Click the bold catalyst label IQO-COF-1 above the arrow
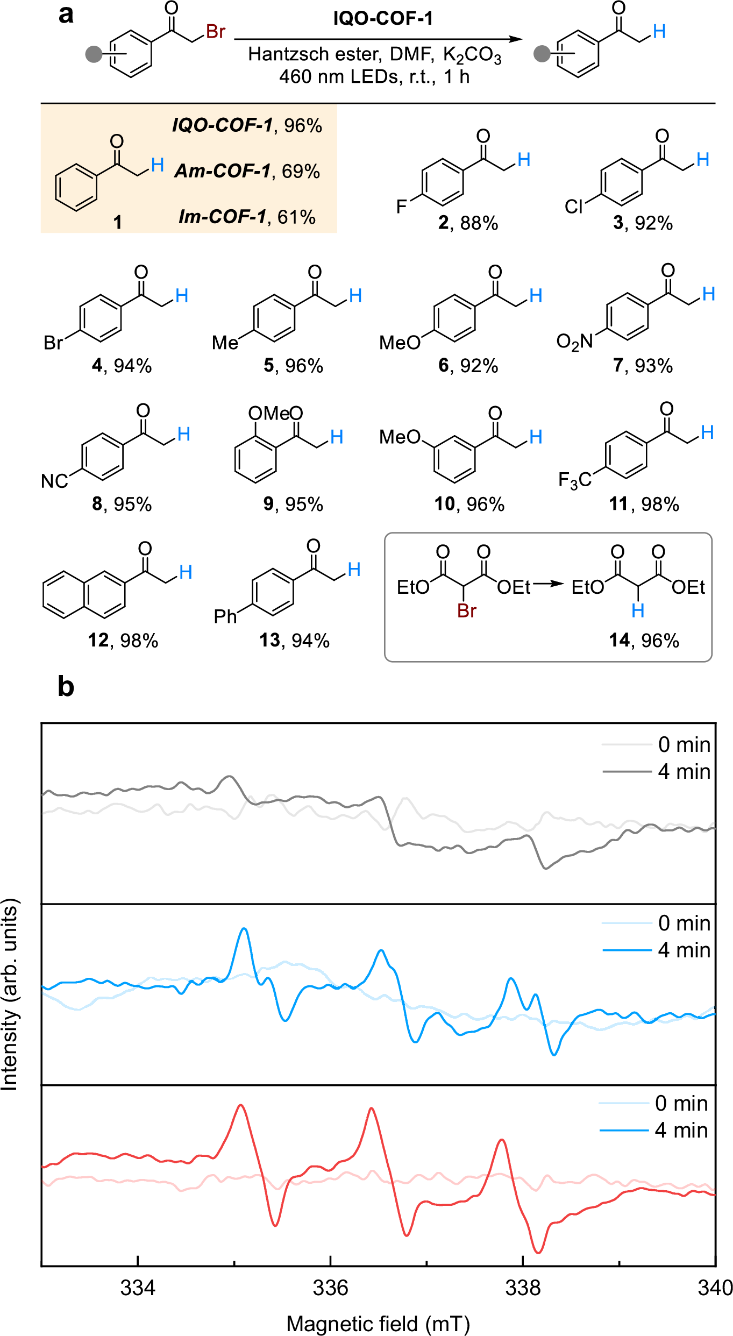click(382, 19)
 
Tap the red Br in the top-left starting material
click(215, 32)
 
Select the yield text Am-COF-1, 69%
click(247, 171)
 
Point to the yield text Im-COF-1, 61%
click(247, 217)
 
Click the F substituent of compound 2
click(401, 207)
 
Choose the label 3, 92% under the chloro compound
click(643, 223)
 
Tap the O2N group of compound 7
click(574, 341)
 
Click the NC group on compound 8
click(54, 481)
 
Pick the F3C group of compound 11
click(574, 479)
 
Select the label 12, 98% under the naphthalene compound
click(123, 640)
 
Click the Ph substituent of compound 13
click(225, 616)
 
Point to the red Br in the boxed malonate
click(467, 611)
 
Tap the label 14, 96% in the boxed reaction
click(644, 640)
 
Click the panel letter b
click(66, 687)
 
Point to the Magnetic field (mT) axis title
click(378, 1324)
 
